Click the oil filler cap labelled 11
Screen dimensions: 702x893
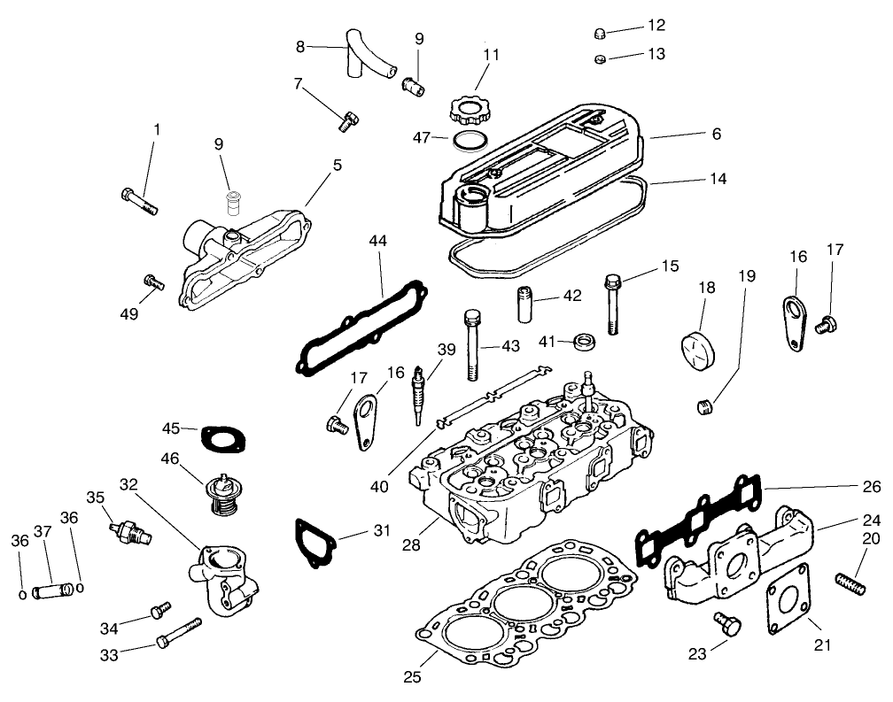coord(468,112)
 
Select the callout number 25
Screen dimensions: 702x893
coord(410,678)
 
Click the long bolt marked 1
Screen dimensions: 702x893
coord(137,201)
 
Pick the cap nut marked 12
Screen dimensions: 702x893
coord(600,34)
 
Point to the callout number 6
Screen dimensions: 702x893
coord(716,135)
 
